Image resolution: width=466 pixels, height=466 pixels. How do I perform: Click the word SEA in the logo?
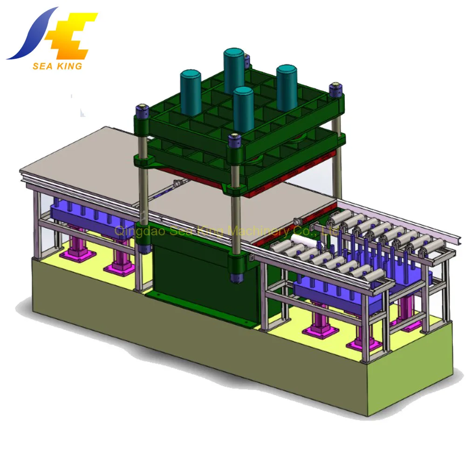[x=42, y=66]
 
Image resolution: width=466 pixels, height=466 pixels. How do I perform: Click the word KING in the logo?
[x=69, y=66]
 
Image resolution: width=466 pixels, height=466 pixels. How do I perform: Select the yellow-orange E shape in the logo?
[x=71, y=36]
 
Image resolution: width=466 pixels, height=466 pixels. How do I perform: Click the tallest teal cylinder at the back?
[x=234, y=71]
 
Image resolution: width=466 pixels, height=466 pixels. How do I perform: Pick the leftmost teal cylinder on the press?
[x=190, y=93]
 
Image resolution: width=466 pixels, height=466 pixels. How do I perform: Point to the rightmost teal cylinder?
[x=287, y=88]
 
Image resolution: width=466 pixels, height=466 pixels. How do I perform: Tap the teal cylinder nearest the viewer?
[x=243, y=110]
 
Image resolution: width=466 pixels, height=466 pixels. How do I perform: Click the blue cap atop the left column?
[x=142, y=110]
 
